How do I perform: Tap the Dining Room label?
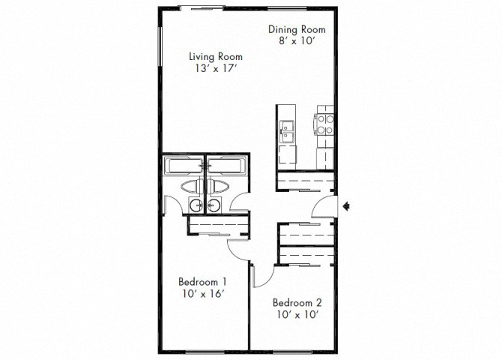(297, 29)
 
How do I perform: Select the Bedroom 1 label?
(202, 282)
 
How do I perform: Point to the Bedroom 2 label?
(297, 303)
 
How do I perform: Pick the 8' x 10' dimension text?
(297, 43)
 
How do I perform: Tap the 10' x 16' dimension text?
(202, 295)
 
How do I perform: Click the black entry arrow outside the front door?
(345, 205)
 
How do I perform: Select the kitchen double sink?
(288, 130)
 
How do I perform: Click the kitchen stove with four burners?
(324, 124)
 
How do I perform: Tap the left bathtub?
(184, 165)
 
